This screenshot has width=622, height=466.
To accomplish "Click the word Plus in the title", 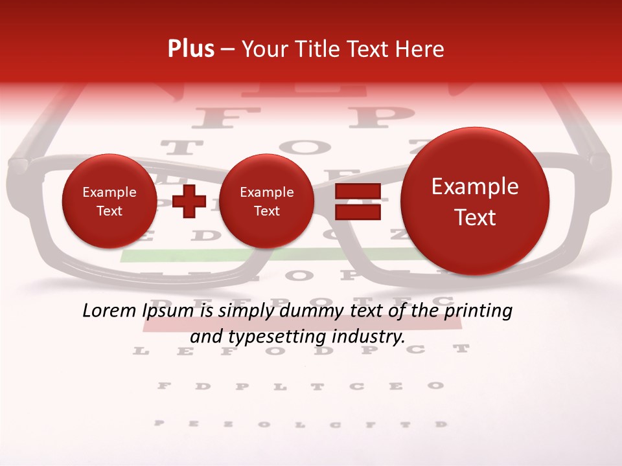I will (x=191, y=49).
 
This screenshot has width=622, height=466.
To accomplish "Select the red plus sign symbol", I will (x=189, y=201).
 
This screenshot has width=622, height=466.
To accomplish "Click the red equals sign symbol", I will (x=358, y=201).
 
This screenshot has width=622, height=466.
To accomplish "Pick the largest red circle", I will (x=475, y=201).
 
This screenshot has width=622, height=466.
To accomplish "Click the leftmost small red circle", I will (x=109, y=201).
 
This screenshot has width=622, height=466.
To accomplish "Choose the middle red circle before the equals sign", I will (x=267, y=201).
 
